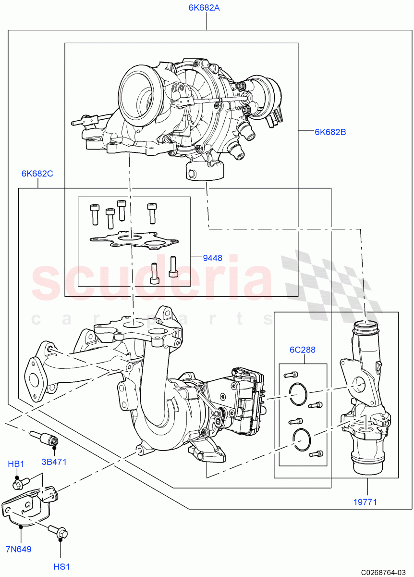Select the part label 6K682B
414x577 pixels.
point(330,132)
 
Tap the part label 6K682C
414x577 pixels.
point(37,174)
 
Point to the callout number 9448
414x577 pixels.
point(212,258)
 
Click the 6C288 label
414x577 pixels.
point(303,350)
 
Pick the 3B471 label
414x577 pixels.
point(54,462)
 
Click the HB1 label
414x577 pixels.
point(16,464)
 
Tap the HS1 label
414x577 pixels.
point(61,567)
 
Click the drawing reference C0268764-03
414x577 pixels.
point(384,572)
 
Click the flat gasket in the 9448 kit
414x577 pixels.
point(133,240)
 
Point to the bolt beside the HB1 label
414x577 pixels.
point(22,481)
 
